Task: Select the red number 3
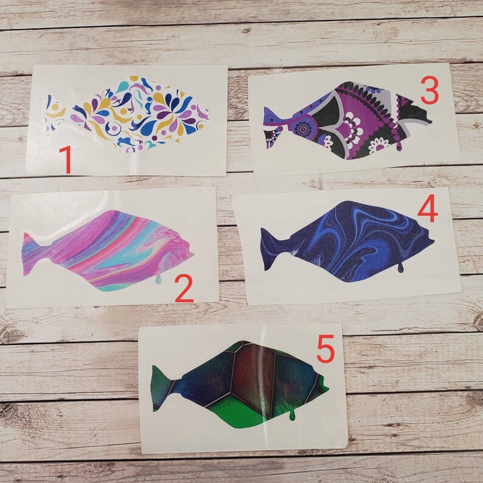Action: pos(429,92)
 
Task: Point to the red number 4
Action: pos(428,210)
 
